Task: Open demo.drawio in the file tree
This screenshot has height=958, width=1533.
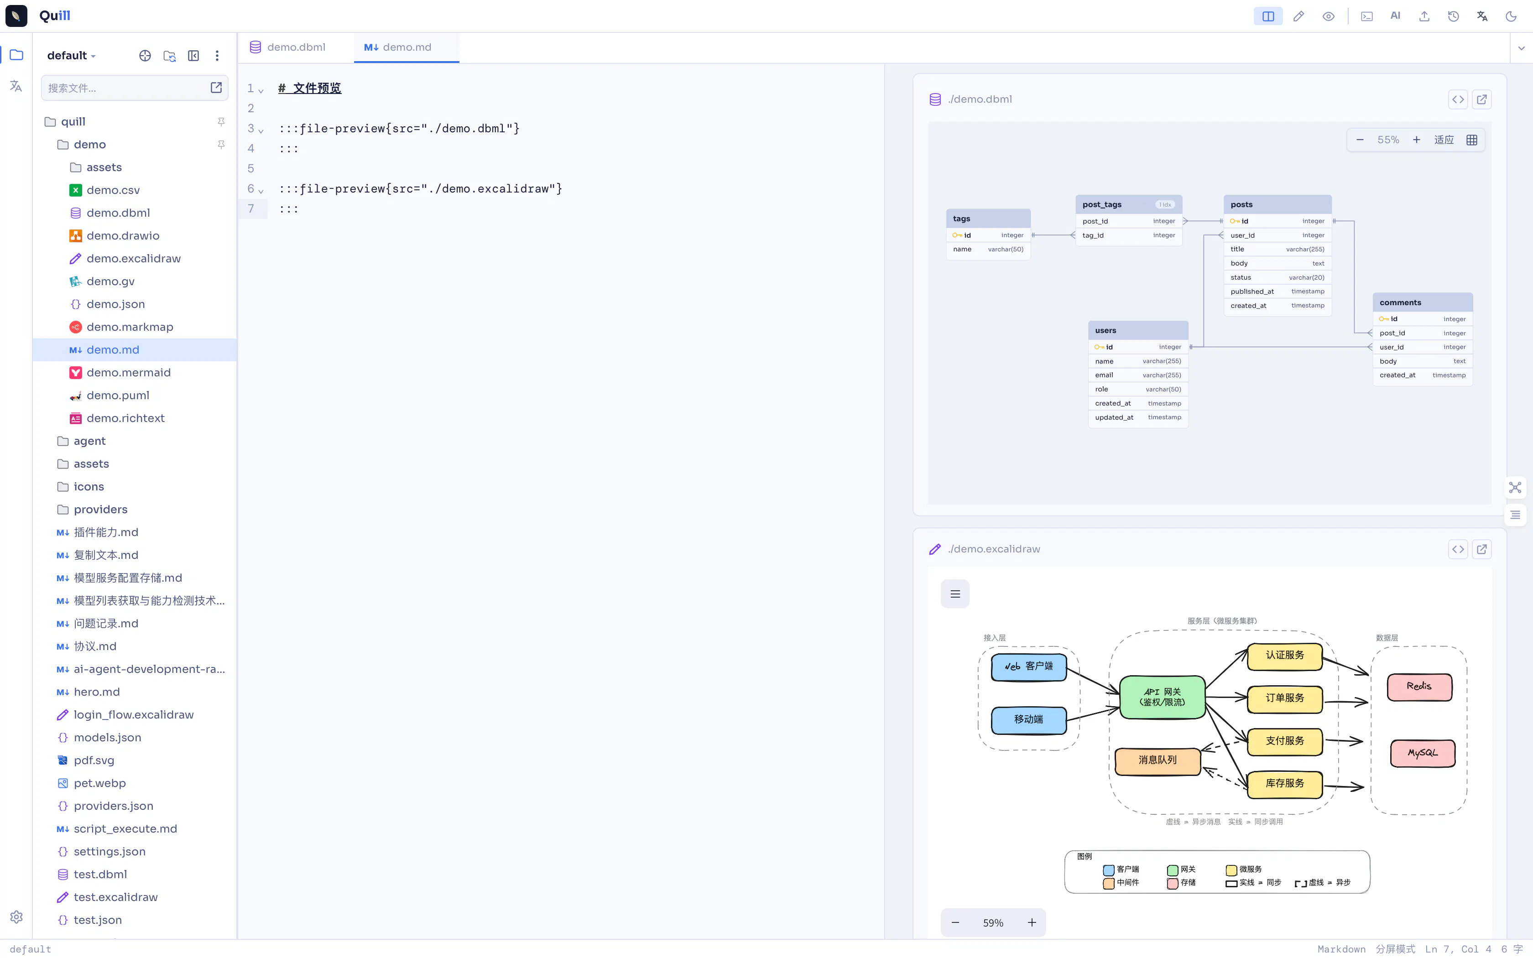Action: click(x=123, y=236)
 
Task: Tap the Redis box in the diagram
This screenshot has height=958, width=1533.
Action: click(x=1419, y=687)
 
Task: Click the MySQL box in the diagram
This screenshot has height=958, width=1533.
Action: click(x=1422, y=753)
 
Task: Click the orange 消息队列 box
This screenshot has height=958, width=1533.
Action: click(x=1158, y=760)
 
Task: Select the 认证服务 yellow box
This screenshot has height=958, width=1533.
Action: click(x=1285, y=656)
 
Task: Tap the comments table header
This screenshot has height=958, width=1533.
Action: click(x=1422, y=302)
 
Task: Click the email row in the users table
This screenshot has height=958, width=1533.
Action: click(x=1138, y=375)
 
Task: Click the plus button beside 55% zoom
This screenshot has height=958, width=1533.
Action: click(x=1417, y=140)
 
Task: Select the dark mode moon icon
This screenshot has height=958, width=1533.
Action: click(x=1511, y=16)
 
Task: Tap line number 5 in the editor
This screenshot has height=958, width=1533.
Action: click(x=251, y=168)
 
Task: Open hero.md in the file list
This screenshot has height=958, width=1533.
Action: click(x=88, y=692)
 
